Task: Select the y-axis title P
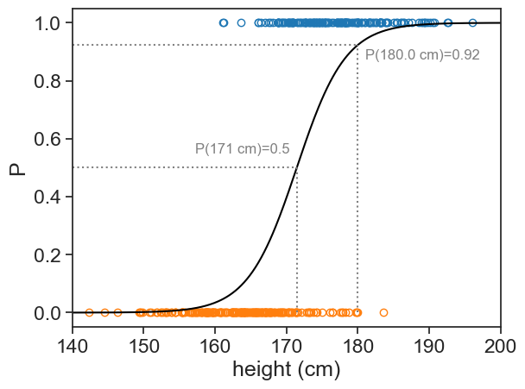(16, 167)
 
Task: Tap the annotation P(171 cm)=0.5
(242, 148)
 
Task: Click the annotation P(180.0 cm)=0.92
(422, 55)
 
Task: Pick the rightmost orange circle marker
(384, 312)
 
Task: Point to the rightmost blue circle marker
(472, 23)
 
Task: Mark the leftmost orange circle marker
(89, 312)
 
